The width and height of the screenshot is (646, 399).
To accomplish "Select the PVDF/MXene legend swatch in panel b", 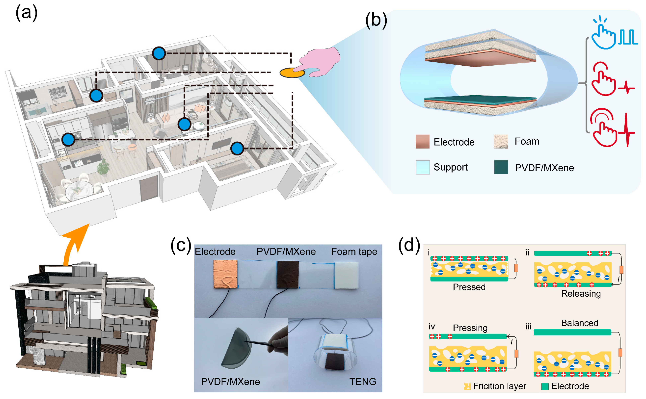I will tap(501, 167).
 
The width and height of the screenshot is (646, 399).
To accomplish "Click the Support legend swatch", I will tap(422, 167).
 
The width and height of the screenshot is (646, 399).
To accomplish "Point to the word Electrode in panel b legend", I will tap(454, 142).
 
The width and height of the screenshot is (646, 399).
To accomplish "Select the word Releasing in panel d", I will tap(581, 293).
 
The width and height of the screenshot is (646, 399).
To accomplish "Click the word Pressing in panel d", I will tap(470, 328).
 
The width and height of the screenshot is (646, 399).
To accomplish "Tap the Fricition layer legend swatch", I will tap(467, 387).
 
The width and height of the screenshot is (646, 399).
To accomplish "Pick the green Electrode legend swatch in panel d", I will tap(545, 387).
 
